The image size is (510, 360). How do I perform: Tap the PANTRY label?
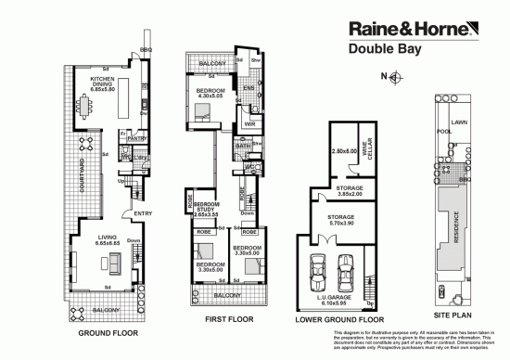point(139,140)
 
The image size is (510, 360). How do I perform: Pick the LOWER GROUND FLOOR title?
point(338,318)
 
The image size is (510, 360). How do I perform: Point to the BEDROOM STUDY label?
point(205,209)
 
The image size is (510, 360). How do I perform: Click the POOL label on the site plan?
point(443,132)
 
